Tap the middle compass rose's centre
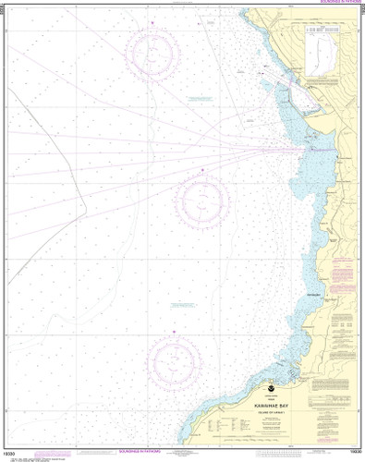[202, 200]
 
